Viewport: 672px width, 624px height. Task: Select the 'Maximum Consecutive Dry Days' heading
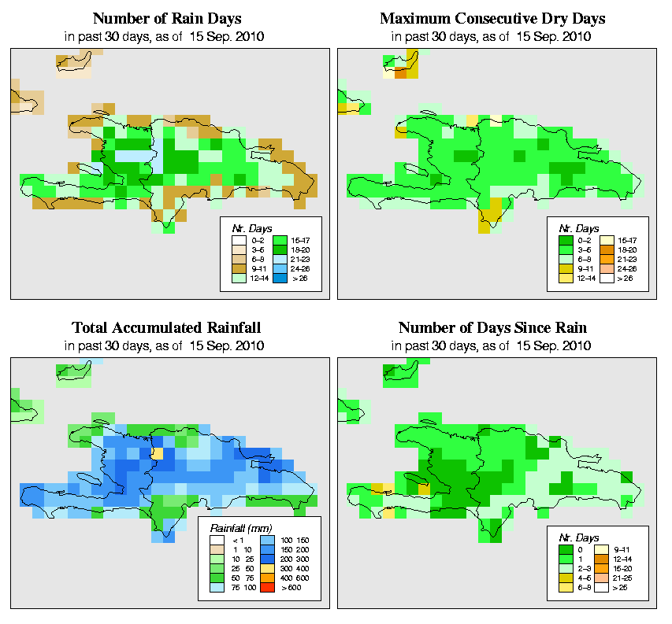(492, 18)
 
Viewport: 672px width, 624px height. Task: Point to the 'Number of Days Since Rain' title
(492, 327)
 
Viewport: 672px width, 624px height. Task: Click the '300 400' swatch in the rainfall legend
(265, 567)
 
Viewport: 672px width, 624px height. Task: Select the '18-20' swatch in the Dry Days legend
(605, 248)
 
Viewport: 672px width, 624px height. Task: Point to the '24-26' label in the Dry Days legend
(628, 268)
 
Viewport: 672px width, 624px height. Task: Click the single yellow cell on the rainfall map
(157, 453)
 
